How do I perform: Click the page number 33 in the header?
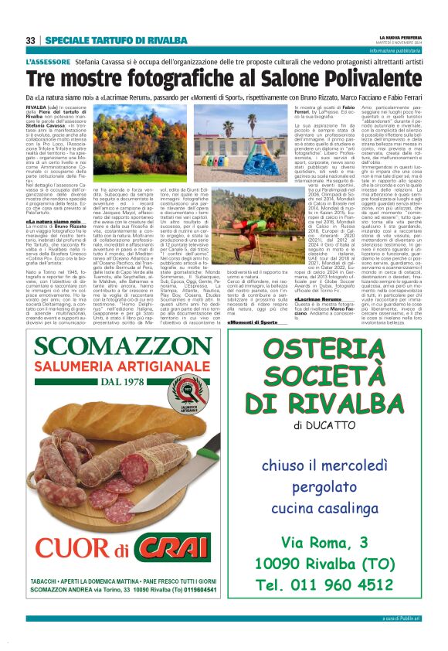30,40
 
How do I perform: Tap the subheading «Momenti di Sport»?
253,322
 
